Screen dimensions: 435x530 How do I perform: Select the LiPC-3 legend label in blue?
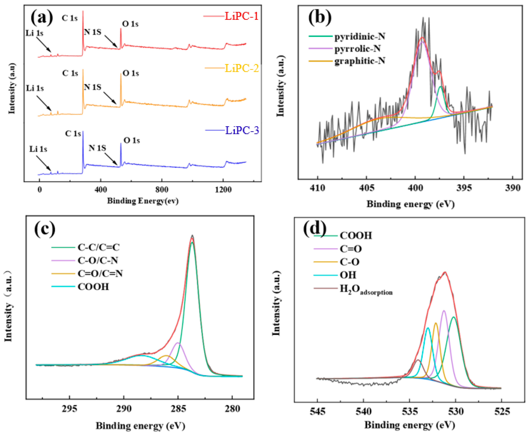(242, 130)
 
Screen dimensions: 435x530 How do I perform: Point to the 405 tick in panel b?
(367, 188)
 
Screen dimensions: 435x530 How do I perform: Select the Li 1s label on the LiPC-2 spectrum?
(35, 88)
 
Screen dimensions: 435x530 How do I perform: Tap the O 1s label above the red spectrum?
(130, 24)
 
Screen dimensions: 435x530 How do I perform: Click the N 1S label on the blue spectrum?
(97, 148)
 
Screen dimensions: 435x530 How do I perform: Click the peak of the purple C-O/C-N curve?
(178, 343)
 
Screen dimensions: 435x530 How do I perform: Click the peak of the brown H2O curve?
(418, 360)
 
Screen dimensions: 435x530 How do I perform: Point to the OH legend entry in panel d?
(348, 275)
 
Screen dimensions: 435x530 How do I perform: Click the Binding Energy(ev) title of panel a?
(143, 201)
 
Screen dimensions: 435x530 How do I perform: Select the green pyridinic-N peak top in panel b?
(440, 87)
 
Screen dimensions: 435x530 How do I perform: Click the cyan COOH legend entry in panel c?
(93, 287)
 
